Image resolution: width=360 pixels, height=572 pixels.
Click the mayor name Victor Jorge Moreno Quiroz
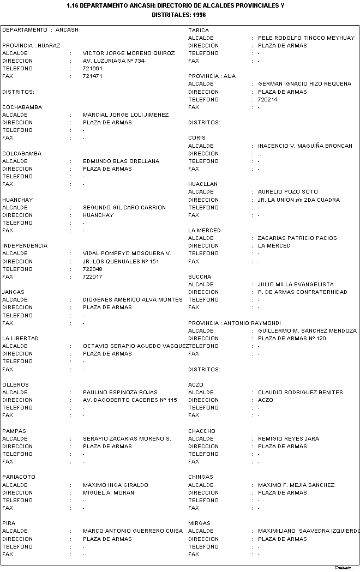click(x=129, y=53)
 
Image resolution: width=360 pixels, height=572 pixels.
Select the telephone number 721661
click(x=93, y=69)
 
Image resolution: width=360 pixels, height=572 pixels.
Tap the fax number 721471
click(x=93, y=76)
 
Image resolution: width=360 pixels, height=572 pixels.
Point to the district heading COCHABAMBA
click(x=22, y=107)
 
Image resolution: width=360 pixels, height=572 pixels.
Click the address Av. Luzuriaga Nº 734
click(x=113, y=61)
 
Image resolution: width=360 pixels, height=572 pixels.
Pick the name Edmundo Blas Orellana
click(x=121, y=161)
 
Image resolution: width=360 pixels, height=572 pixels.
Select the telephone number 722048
click(x=93, y=269)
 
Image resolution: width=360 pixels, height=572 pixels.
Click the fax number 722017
click(x=93, y=277)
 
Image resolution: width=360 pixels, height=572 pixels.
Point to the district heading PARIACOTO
click(x=19, y=477)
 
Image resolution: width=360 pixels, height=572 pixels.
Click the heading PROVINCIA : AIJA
click(x=212, y=76)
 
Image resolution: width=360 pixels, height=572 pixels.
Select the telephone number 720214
click(x=268, y=100)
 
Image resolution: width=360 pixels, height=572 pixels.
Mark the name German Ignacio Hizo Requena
click(x=304, y=84)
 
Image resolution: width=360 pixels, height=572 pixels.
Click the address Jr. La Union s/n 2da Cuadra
click(x=298, y=200)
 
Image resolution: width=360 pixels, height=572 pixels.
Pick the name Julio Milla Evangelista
click(x=296, y=285)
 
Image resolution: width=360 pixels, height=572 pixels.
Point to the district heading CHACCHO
click(x=202, y=431)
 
